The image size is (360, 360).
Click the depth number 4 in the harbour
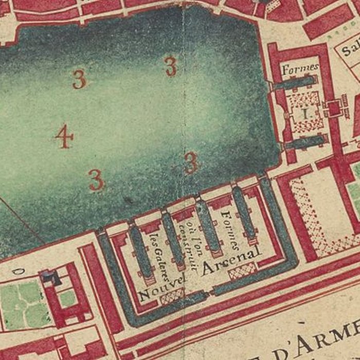tap(64, 137)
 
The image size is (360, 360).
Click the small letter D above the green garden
tap(21, 271)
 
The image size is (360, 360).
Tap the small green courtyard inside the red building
tap(67, 298)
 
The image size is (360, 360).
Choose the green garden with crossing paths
tap(21, 303)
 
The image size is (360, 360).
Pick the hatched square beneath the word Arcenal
tap(241, 271)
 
